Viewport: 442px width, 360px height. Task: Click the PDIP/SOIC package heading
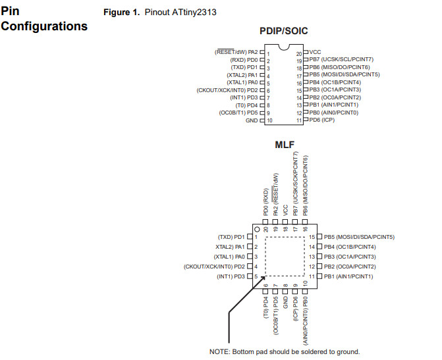click(284, 31)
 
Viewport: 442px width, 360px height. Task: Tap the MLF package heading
click(285, 144)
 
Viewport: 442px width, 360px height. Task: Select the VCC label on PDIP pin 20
click(315, 51)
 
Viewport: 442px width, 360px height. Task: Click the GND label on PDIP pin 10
click(252, 120)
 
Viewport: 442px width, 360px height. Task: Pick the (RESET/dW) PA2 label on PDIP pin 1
click(236, 51)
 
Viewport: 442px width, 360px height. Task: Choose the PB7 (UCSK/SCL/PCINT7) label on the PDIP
click(341, 59)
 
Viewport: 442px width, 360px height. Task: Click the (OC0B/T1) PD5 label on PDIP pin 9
click(238, 113)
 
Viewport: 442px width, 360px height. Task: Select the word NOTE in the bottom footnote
click(220, 351)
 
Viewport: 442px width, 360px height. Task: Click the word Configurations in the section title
click(44, 26)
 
